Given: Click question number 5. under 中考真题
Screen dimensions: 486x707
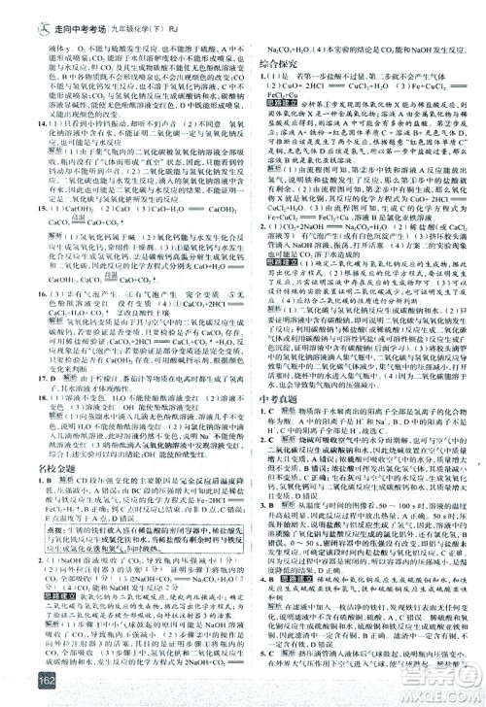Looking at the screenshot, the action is pos(264,653).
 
